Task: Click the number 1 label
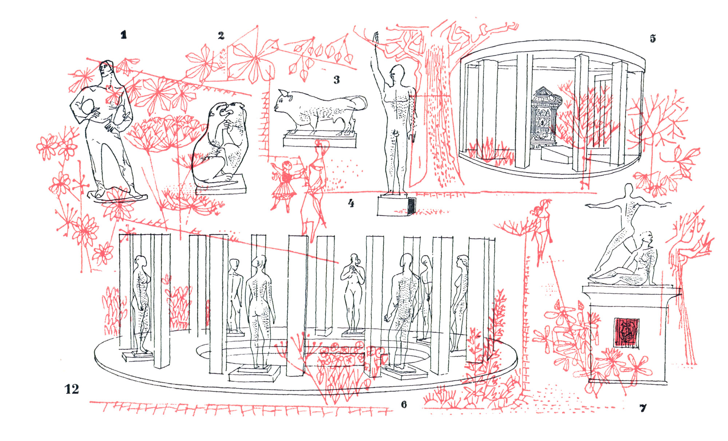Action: click(124, 35)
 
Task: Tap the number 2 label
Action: click(221, 35)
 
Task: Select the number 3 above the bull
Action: click(337, 80)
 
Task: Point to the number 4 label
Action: click(351, 203)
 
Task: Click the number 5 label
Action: click(653, 38)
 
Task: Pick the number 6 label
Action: click(404, 404)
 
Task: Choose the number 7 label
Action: click(643, 408)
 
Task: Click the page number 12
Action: click(72, 389)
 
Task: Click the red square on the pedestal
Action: click(626, 332)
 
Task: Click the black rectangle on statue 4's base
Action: click(411, 206)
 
